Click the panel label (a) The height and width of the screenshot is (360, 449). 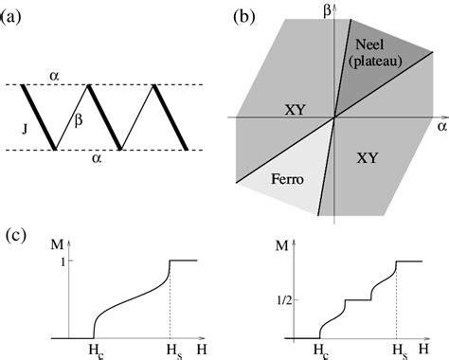pyautogui.click(x=14, y=14)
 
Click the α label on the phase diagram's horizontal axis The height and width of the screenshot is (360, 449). pyautogui.click(x=440, y=124)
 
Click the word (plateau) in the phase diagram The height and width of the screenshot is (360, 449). pyautogui.click(x=372, y=62)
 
